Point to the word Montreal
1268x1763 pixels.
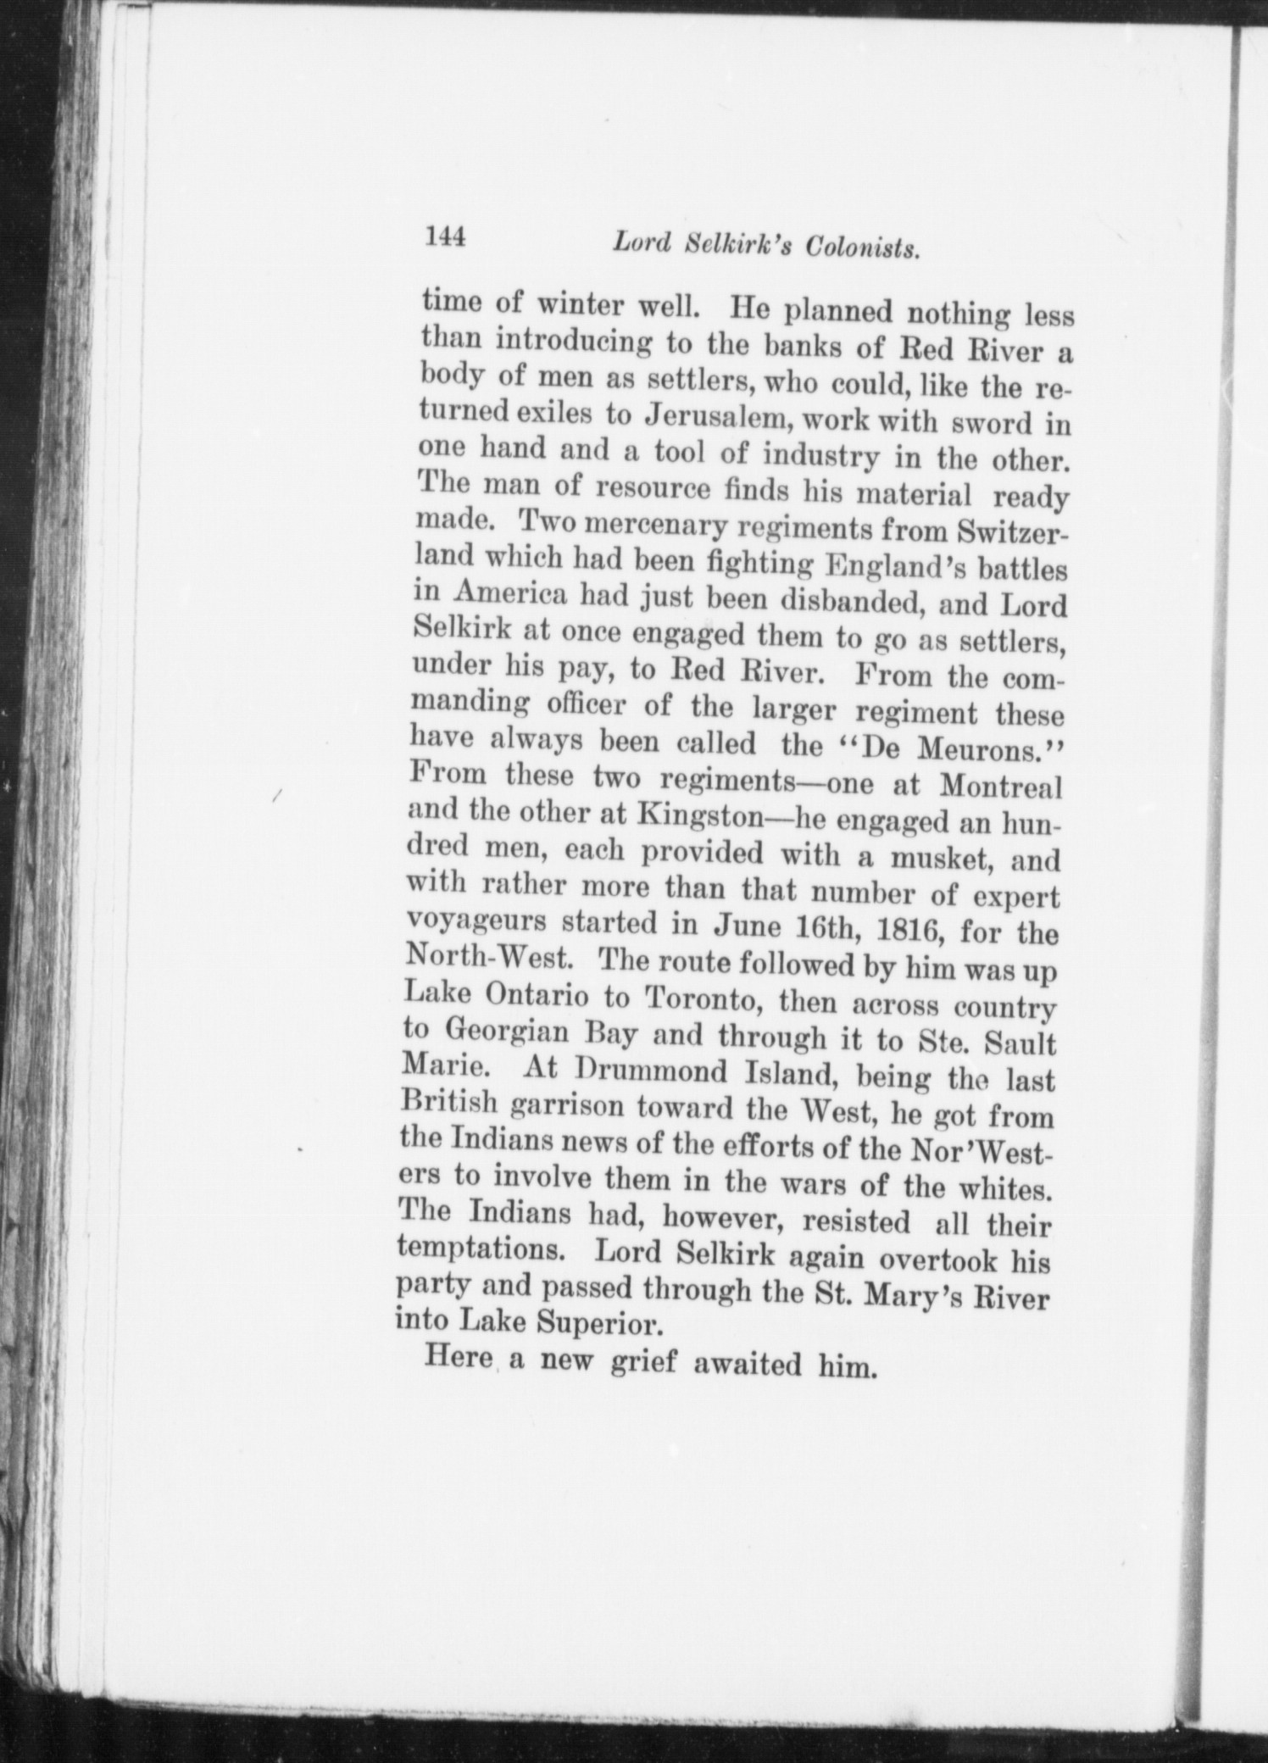1000,787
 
